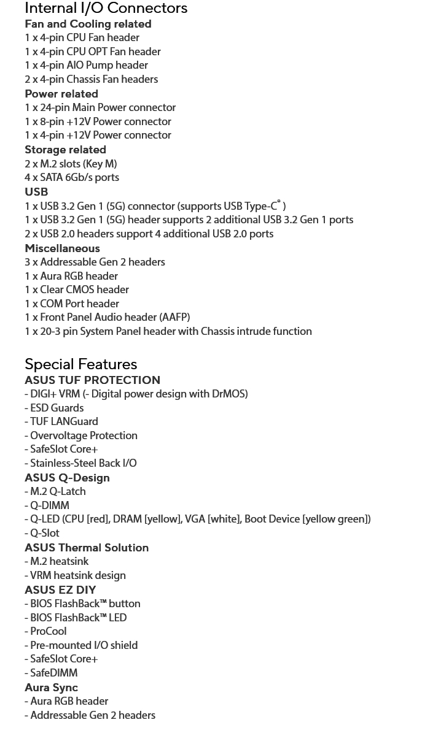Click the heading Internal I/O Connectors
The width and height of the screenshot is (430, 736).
106,9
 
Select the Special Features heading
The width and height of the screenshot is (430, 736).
80,364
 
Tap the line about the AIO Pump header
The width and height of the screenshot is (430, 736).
86,65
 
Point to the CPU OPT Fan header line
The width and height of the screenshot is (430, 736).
92,52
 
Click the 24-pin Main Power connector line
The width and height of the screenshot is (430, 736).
100,107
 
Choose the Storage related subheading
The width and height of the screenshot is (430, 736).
65,150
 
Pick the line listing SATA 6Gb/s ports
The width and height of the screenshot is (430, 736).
72,177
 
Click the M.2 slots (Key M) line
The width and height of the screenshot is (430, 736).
71,164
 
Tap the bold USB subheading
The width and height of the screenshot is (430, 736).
36,192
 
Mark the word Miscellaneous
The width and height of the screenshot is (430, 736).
62,248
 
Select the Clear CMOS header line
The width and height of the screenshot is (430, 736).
77,289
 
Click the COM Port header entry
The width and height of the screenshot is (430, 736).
72,304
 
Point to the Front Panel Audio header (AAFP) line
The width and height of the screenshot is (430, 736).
107,317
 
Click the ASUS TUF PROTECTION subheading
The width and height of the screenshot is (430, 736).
92,380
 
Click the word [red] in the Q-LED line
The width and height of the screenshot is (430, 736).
98,519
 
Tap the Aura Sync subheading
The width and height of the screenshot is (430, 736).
51,688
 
